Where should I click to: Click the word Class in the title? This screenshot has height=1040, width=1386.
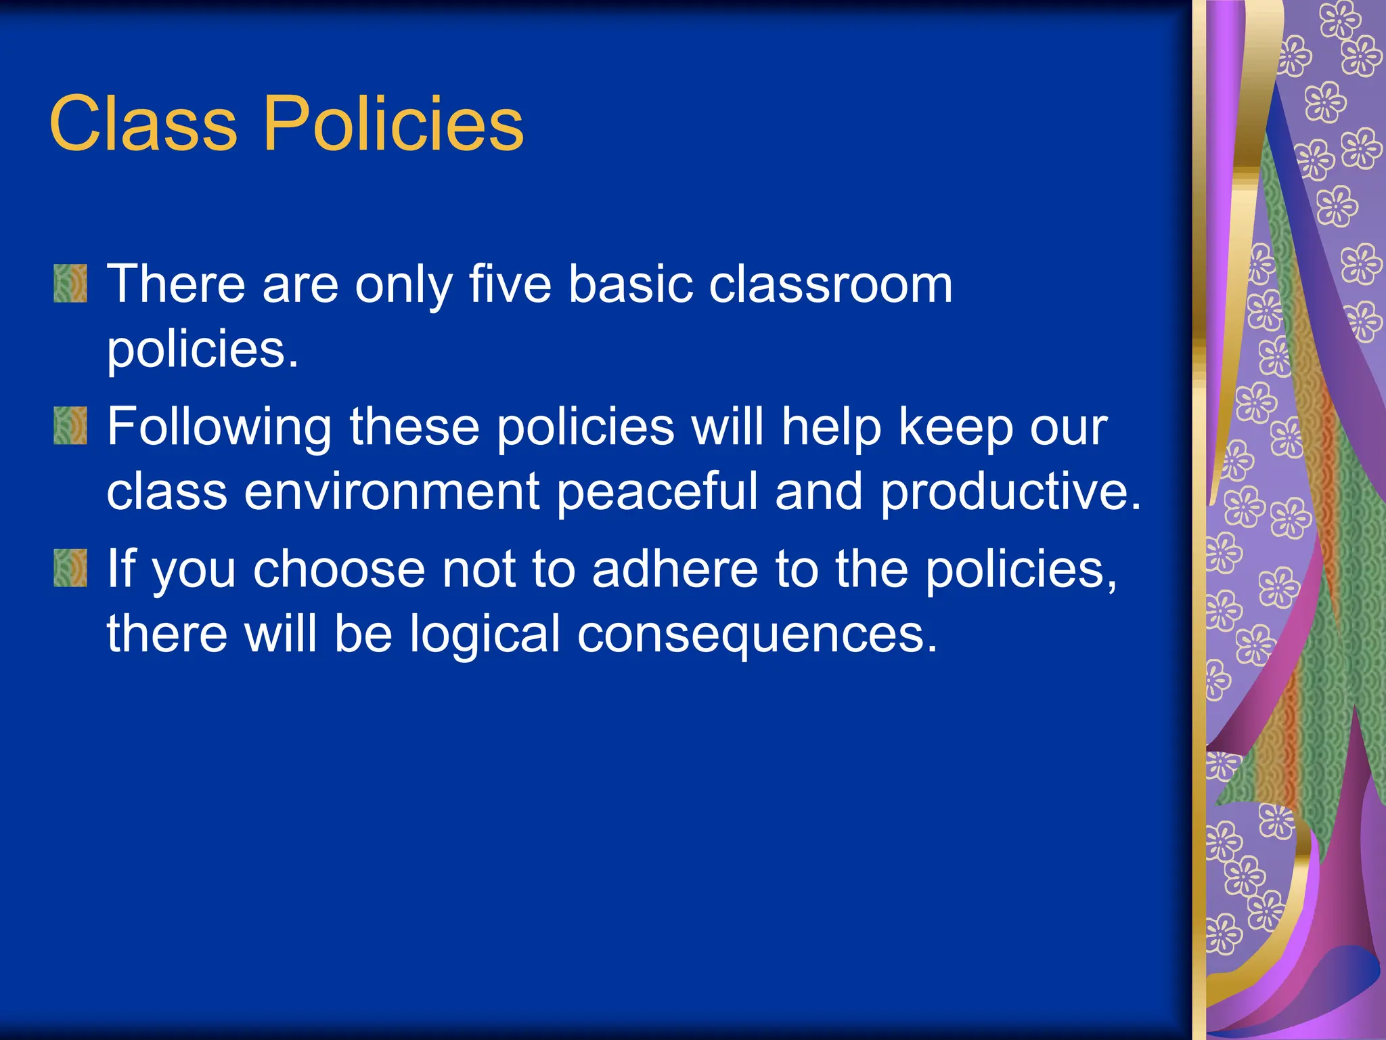click(143, 124)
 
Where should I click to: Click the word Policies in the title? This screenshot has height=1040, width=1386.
click(393, 124)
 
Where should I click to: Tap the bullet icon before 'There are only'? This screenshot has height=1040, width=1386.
click(70, 284)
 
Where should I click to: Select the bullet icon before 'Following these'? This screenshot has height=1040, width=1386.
click(70, 426)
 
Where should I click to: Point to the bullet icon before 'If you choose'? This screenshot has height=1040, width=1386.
click(70, 568)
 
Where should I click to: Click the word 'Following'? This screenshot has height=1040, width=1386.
click(219, 428)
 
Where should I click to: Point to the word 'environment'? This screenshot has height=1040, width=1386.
click(391, 492)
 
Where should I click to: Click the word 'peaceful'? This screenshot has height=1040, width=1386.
click(657, 492)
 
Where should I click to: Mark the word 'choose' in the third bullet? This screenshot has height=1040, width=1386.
click(338, 569)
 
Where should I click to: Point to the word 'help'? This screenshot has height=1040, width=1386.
click(831, 428)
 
